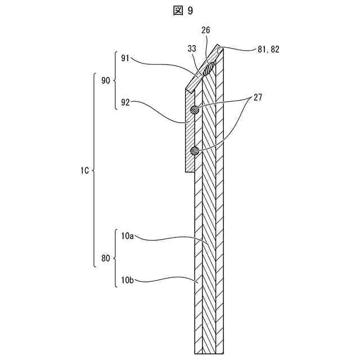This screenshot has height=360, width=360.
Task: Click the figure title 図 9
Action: pyautogui.click(x=179, y=10)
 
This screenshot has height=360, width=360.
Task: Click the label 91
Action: pyautogui.click(x=125, y=57)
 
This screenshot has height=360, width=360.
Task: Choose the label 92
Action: pyautogui.click(x=125, y=103)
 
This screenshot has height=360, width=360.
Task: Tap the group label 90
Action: pyautogui.click(x=105, y=80)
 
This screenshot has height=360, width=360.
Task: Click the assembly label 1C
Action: pyautogui.click(x=83, y=169)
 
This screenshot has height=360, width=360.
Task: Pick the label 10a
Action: pyautogui.click(x=127, y=237)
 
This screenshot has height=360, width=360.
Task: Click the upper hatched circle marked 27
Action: pyautogui.click(x=195, y=110)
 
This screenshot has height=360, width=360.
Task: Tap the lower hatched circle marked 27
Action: pyautogui.click(x=195, y=150)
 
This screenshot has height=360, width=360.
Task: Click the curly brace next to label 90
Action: pyautogui.click(x=116, y=80)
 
